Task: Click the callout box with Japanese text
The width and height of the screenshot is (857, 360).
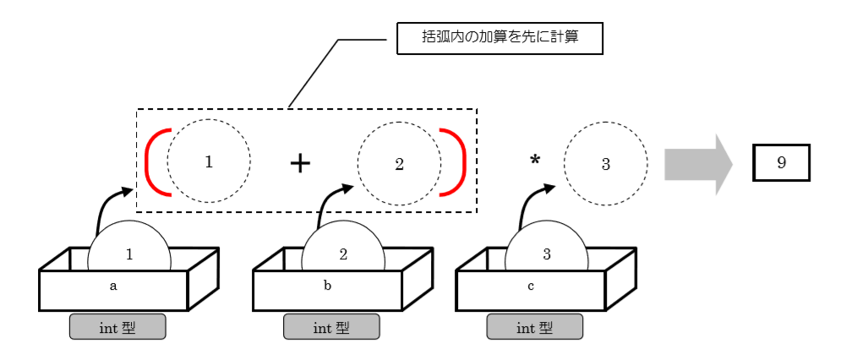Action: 499,39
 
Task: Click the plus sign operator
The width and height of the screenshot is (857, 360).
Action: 300,163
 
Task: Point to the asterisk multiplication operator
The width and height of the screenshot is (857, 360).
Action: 534,161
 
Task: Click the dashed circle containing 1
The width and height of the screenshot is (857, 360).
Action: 209,162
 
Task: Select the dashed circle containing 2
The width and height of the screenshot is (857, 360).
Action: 399,163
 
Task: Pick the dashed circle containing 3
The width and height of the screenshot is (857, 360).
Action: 605,163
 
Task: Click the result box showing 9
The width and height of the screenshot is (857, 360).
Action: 781,162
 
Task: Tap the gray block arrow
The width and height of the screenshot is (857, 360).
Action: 698,164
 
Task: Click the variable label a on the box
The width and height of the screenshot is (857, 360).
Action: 113,286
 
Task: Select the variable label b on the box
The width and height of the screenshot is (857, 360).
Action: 328,286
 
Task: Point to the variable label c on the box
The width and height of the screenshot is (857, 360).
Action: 531,286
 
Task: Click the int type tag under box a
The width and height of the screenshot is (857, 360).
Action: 117,327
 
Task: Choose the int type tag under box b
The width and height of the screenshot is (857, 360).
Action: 331,327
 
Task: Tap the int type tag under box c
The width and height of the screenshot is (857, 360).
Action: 534,327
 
